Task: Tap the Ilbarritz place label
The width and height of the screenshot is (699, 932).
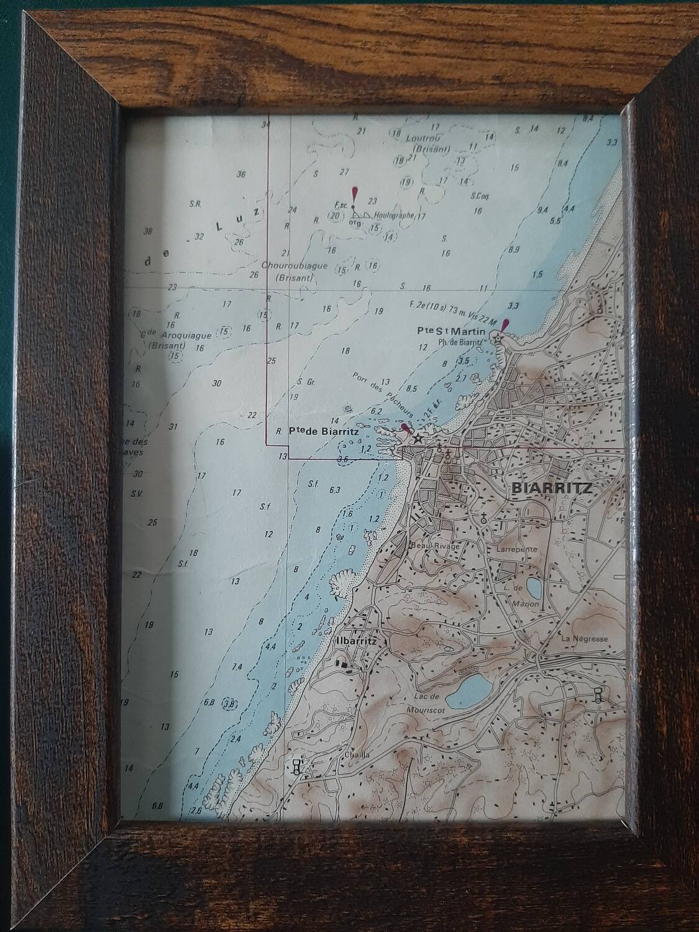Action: click(355, 640)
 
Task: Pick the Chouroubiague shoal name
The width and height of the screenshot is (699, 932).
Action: click(286, 266)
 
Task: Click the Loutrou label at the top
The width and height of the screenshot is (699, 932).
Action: click(423, 138)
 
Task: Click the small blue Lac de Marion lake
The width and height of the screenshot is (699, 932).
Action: click(533, 587)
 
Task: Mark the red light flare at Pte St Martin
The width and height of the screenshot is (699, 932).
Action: click(505, 325)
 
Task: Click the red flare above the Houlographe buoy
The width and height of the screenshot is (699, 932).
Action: click(355, 193)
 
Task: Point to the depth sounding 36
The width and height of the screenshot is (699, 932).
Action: click(241, 175)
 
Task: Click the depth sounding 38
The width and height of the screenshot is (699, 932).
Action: click(148, 232)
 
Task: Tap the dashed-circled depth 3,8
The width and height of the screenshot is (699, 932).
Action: click(231, 704)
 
